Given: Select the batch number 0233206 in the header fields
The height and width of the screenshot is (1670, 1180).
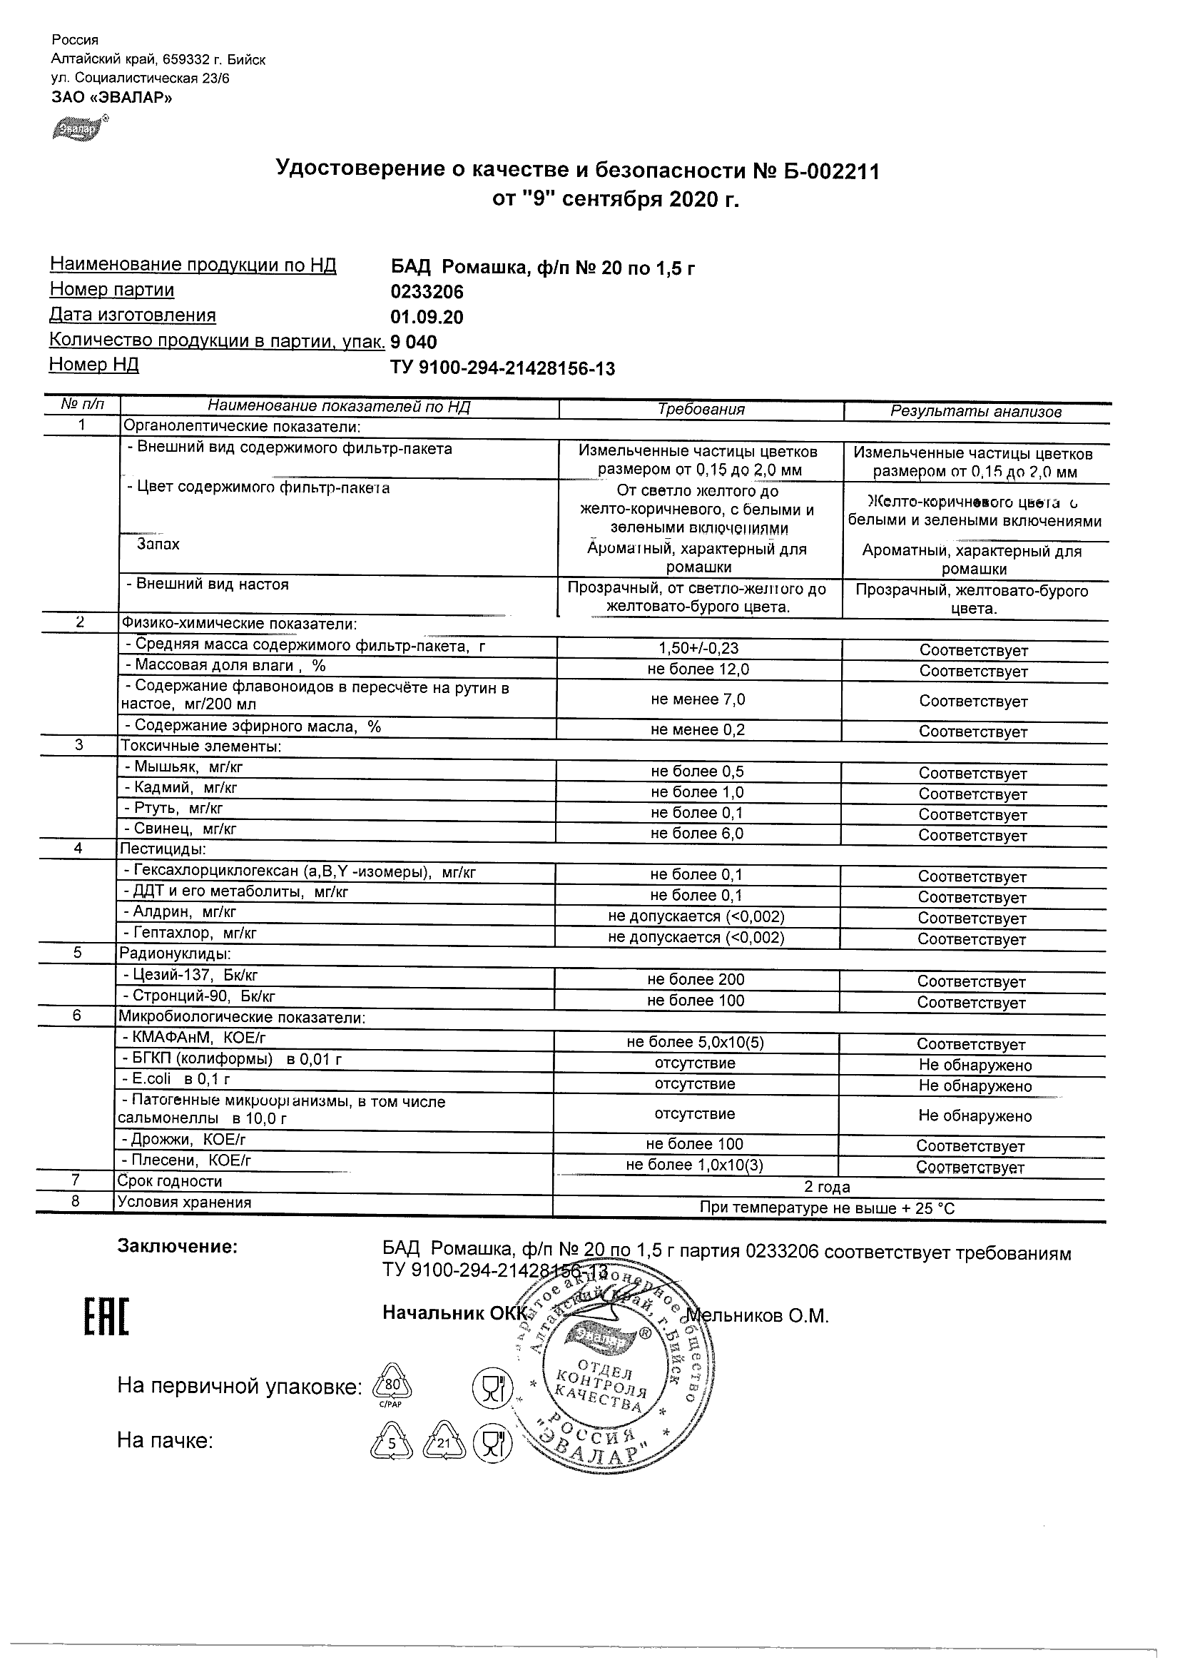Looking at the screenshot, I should pos(427,293).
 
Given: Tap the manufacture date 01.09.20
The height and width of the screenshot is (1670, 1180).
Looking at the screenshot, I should pos(427,318).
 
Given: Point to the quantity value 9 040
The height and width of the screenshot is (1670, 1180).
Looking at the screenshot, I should pos(414,343).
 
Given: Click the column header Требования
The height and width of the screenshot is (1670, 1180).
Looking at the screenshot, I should pos(701,410).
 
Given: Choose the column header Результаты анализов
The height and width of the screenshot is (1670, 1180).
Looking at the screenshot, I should pos(976,412).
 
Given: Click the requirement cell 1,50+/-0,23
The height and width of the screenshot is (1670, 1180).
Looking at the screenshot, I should pos(698,648).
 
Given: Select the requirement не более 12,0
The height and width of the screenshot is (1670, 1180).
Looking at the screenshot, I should pos(698,669).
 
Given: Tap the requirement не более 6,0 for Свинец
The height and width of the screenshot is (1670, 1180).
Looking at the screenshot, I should pos(697,834).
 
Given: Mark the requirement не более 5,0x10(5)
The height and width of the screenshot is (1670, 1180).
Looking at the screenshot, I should pos(695,1042).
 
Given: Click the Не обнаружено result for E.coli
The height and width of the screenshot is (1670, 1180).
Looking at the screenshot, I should pos(975,1086).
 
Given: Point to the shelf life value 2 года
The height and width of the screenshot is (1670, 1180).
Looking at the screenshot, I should pos(828,1187).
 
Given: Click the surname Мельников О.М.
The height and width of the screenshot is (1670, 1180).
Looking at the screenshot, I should pos(757,1317).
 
